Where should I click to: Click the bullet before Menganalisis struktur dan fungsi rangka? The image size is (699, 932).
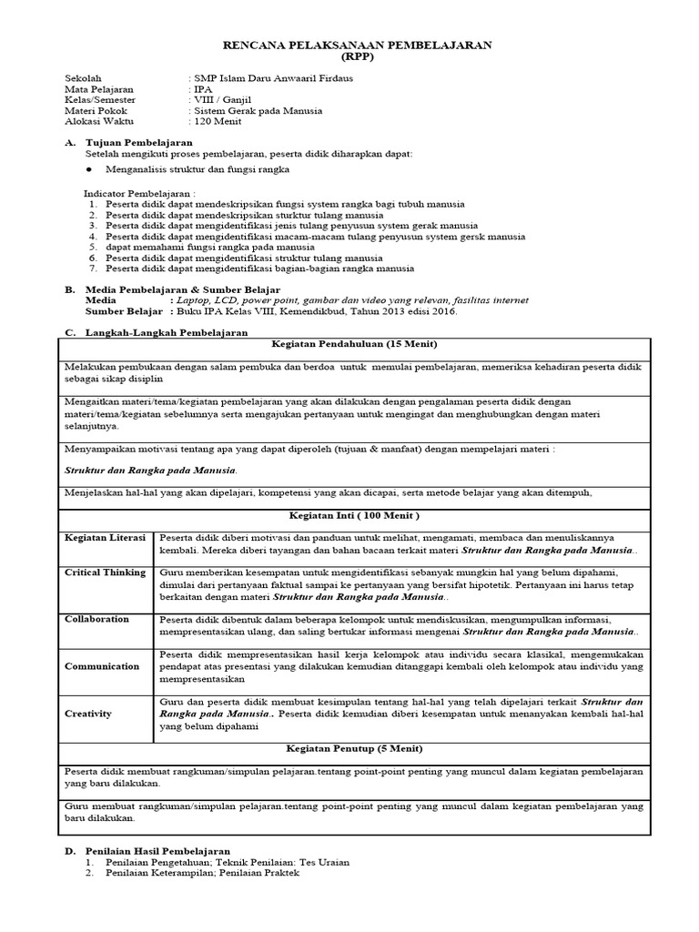click(89, 169)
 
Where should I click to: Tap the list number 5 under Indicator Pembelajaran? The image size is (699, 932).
click(92, 247)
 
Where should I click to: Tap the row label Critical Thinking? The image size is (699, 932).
click(105, 572)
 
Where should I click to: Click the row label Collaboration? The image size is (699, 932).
click(96, 619)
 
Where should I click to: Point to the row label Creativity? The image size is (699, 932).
click(88, 714)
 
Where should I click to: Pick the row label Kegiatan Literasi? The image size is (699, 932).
click(105, 538)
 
